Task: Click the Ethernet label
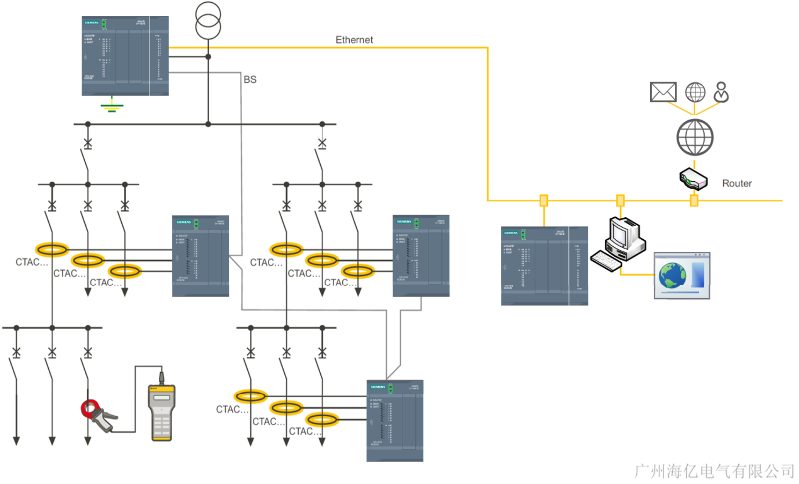point(354,40)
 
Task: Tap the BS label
point(250,80)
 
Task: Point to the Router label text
point(737,183)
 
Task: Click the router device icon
point(694,179)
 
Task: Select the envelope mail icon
point(663,92)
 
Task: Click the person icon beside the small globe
point(721,92)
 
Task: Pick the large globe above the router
point(695,137)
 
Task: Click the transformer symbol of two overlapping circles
point(208,20)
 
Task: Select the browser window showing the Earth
point(682,276)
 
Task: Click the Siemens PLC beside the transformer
point(125,56)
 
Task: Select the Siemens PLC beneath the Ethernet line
point(544,266)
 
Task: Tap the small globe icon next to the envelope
point(695,92)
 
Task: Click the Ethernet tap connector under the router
point(694,200)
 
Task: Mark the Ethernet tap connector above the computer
point(620,200)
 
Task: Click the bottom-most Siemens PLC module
point(394,421)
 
